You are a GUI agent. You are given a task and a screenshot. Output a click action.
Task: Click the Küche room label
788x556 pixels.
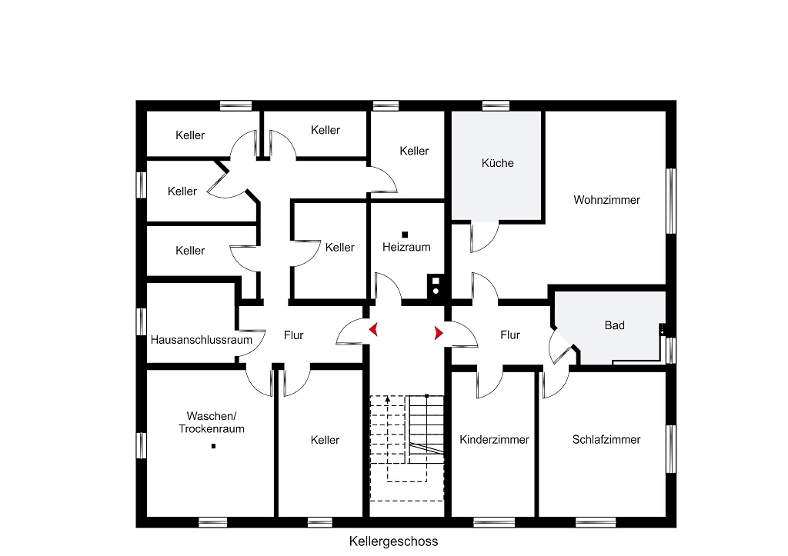click(x=498, y=163)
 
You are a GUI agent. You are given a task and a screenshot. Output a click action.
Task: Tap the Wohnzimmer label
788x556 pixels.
click(x=606, y=200)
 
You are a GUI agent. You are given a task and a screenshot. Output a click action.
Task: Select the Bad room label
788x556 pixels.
click(x=614, y=325)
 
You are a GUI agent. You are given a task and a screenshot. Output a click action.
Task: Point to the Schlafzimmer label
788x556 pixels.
click(x=606, y=440)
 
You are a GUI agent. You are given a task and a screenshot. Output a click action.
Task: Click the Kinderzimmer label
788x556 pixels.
click(x=494, y=440)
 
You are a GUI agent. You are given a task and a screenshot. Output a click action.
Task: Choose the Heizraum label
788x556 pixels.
click(x=406, y=247)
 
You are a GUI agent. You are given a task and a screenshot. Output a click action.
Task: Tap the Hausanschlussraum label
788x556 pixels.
click(x=201, y=340)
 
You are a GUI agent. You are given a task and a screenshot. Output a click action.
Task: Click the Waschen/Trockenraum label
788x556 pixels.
click(x=212, y=422)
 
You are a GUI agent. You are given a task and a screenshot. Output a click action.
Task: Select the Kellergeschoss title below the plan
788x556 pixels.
click(x=393, y=541)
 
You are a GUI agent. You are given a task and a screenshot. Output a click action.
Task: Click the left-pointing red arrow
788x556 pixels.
click(x=374, y=330)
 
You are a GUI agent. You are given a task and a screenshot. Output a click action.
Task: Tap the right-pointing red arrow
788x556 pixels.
click(x=439, y=333)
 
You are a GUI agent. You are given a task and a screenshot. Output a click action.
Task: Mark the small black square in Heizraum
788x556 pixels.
click(x=405, y=235)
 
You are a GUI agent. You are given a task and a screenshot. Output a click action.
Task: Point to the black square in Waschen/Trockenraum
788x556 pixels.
click(x=214, y=446)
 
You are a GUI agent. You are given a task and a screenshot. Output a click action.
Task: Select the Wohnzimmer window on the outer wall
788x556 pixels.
click(x=671, y=201)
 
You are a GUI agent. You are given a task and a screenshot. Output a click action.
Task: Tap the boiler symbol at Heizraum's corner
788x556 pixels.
click(x=436, y=286)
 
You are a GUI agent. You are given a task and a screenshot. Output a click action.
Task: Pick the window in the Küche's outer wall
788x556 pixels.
click(x=496, y=105)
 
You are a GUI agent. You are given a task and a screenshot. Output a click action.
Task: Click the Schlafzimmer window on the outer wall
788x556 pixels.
click(x=671, y=449)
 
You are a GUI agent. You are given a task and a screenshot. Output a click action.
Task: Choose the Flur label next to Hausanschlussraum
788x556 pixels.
click(x=293, y=335)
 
